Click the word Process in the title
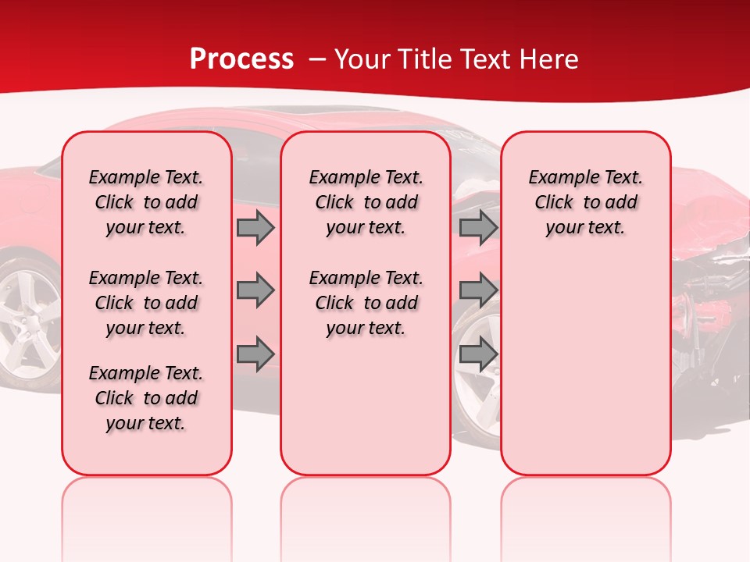(241, 59)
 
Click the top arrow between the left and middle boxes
(255, 227)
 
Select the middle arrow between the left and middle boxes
(255, 291)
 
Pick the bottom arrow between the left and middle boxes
(255, 354)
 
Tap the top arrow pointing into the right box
(478, 227)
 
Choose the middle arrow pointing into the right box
(478, 291)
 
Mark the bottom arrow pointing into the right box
(478, 354)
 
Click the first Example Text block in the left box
(146, 202)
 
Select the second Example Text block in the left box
(146, 303)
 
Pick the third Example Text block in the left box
(146, 398)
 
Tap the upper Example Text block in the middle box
(366, 202)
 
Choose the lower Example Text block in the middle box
(366, 303)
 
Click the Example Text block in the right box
(585, 202)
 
